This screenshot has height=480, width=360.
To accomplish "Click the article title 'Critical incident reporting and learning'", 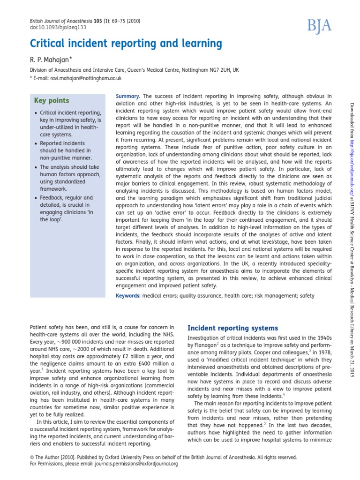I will (126, 44).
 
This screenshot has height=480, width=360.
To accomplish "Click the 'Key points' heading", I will (52, 100).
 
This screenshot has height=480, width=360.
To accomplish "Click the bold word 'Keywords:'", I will (128, 296).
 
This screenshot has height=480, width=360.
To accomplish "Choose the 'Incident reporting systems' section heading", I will (232, 328).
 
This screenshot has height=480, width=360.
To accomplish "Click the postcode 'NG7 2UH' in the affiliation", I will (218, 70).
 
